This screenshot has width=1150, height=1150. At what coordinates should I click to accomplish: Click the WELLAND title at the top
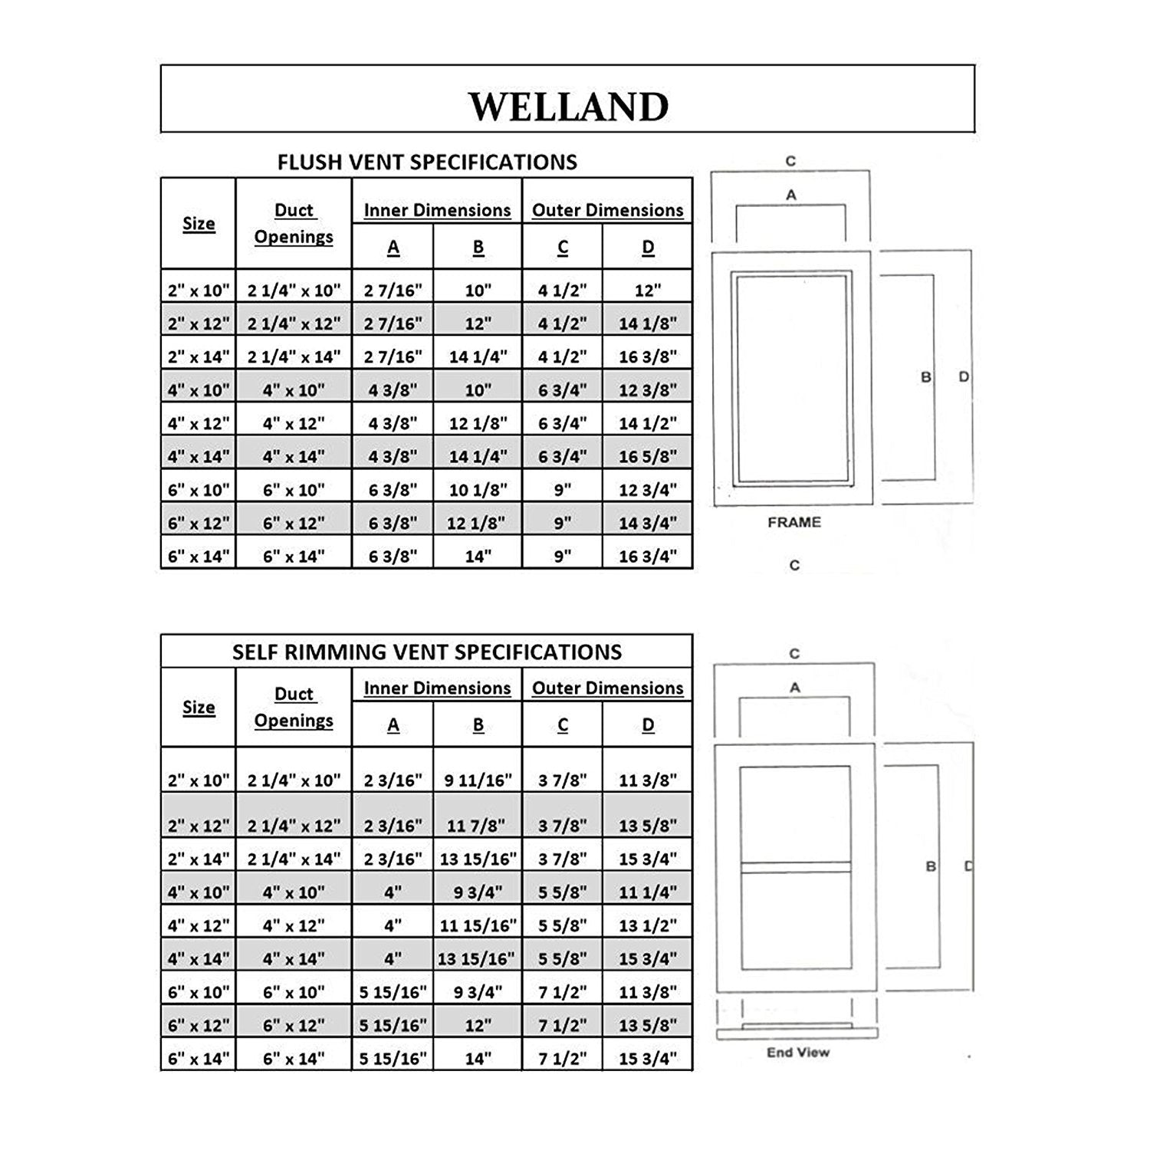tap(568, 107)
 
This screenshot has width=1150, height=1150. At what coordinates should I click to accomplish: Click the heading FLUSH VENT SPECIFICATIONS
tap(427, 163)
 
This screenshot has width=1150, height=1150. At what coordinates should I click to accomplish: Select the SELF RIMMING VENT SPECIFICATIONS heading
tap(427, 652)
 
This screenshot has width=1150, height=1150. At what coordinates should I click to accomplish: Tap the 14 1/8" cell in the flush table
tap(648, 324)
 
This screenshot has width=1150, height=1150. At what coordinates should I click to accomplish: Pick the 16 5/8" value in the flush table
tap(648, 457)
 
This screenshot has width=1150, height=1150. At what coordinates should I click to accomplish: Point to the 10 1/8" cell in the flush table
tap(478, 490)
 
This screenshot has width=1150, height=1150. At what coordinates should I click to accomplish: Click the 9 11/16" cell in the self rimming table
tap(478, 780)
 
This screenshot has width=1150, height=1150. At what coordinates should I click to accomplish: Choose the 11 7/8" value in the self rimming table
tap(478, 826)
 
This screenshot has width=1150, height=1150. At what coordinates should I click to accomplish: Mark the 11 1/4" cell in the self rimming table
tap(648, 892)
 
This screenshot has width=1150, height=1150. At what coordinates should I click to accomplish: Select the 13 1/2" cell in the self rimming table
tap(648, 926)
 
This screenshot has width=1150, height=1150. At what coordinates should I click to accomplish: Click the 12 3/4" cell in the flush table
tap(648, 490)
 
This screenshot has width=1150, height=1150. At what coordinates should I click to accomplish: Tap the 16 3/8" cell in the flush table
tap(648, 356)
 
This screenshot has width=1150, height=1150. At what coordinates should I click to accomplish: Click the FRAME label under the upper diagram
tap(794, 522)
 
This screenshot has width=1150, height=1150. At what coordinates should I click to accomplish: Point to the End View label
tap(798, 1053)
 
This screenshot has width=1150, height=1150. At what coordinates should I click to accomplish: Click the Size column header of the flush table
tap(199, 224)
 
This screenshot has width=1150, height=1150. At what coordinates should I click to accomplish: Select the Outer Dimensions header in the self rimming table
tap(607, 688)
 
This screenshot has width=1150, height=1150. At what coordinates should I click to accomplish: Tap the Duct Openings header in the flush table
tap(294, 223)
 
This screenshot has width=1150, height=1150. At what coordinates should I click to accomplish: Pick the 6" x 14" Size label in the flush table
tap(199, 557)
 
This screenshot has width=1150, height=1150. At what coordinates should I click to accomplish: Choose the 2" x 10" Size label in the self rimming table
tap(199, 780)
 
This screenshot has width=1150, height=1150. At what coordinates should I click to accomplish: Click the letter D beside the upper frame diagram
tap(964, 377)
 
